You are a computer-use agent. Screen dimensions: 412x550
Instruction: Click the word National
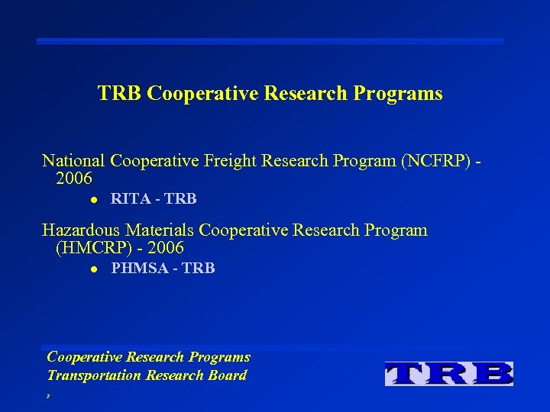73,161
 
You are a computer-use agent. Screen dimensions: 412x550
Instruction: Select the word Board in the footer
227,375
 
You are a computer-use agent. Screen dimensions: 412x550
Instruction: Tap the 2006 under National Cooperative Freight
74,179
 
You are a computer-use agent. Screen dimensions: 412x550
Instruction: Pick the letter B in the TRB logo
494,374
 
